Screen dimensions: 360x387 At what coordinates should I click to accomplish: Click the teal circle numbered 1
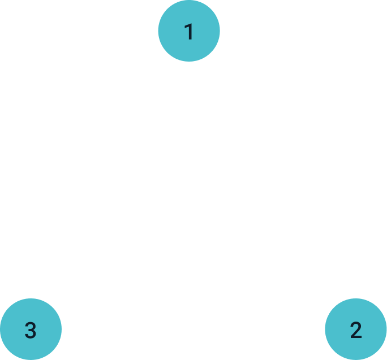(x=189, y=31)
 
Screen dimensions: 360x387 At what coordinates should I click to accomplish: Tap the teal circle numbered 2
(x=356, y=329)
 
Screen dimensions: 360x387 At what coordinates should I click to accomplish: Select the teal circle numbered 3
(x=31, y=329)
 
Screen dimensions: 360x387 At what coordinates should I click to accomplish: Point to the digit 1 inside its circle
(x=189, y=32)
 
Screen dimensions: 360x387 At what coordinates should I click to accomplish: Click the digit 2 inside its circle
(x=356, y=329)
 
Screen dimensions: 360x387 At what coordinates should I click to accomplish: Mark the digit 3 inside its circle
(x=31, y=329)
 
